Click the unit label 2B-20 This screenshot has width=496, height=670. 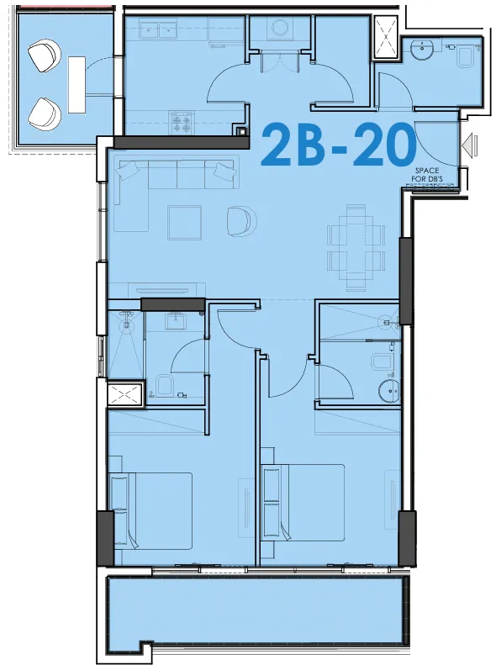click(338, 145)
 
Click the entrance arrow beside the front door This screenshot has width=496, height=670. click(469, 143)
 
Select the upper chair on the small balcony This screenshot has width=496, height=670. click(44, 55)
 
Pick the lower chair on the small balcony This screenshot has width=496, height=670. click(45, 114)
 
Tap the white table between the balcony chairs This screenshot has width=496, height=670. click(77, 85)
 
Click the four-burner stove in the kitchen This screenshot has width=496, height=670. click(182, 123)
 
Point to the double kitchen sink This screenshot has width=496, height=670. click(159, 31)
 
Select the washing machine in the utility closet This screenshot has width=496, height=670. click(281, 29)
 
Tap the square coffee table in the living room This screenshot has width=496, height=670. click(185, 223)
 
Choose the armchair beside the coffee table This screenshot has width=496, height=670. click(242, 221)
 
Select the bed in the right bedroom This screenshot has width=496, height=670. click(303, 503)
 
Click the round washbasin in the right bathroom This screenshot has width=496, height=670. click(388, 390)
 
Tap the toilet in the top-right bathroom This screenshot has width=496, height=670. click(466, 56)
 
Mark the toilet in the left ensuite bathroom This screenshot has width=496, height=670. click(164, 386)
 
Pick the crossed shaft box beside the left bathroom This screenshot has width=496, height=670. click(124, 395)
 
